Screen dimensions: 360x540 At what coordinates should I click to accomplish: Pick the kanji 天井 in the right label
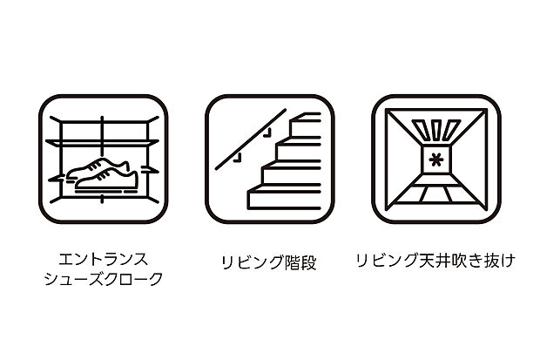[418, 261]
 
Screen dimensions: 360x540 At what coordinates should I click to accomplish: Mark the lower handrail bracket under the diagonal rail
[233, 160]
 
